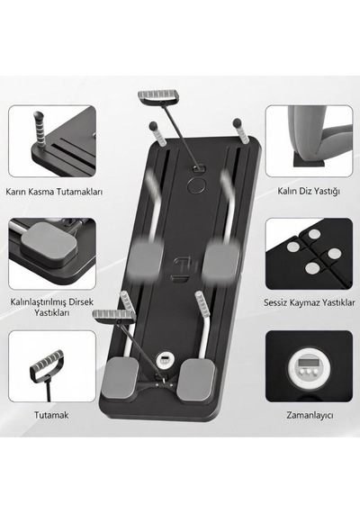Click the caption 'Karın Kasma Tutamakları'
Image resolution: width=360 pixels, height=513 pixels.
coord(54,192)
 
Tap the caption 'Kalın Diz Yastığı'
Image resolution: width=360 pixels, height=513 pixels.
coord(309,191)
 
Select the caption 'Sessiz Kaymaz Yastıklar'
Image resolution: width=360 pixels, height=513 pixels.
coord(310,302)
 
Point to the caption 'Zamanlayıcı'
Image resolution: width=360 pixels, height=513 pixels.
coord(310,416)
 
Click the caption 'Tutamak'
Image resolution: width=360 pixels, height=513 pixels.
coord(51,415)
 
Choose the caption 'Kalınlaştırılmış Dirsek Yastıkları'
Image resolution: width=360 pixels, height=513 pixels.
coord(51,307)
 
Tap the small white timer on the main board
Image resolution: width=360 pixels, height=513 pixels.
coord(164,360)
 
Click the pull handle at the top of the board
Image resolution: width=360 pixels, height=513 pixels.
coord(158,97)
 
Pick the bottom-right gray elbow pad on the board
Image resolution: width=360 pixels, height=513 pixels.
coord(196,380)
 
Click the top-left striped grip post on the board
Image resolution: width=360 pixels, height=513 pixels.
coord(157,134)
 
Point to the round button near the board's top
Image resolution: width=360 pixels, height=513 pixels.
coord(196,184)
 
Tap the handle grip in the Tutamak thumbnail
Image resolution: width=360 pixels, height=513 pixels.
coord(48,361)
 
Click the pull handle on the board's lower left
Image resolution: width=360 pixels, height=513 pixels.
coord(114,315)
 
